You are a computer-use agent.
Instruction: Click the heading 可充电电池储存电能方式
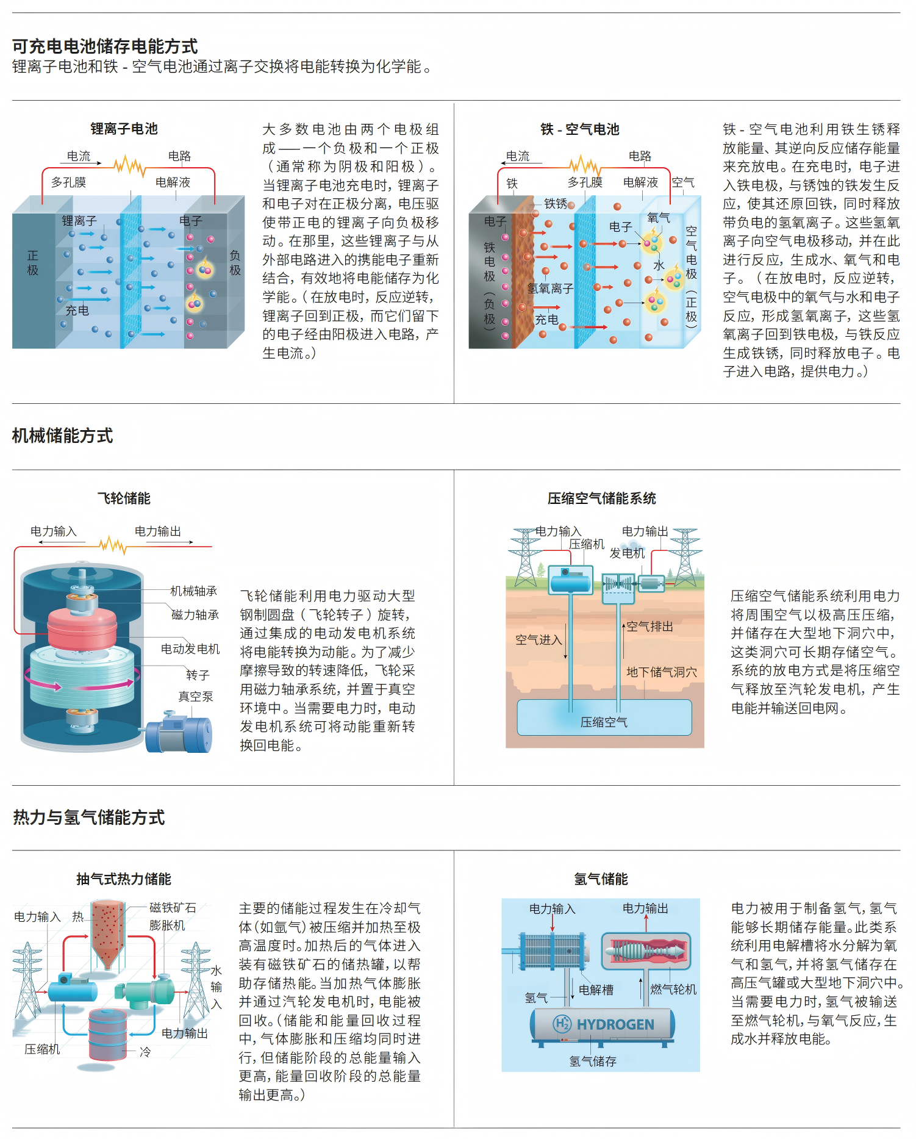[105, 46]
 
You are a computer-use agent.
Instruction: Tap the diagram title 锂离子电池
[124, 129]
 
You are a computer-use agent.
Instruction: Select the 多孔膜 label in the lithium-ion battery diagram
[68, 182]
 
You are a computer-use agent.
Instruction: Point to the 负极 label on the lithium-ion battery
[235, 262]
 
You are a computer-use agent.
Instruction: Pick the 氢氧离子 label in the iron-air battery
[550, 288]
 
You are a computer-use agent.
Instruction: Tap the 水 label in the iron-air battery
[659, 265]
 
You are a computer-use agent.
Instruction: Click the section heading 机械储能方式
[62, 436]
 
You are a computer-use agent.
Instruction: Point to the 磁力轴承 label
[195, 615]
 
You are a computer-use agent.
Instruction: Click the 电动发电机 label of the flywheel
[190, 649]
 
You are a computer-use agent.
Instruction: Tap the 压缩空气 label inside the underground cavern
[604, 722]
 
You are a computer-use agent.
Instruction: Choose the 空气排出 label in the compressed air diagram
[650, 627]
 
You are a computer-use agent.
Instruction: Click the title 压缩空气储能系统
[601, 498]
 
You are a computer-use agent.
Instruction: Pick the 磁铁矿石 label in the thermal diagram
[173, 908]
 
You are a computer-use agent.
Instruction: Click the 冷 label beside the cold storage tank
[145, 1052]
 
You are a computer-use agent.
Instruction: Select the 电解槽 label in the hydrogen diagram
[596, 990]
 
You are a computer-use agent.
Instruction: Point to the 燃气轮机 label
[673, 989]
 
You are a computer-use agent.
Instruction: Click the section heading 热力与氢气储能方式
[89, 817]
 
